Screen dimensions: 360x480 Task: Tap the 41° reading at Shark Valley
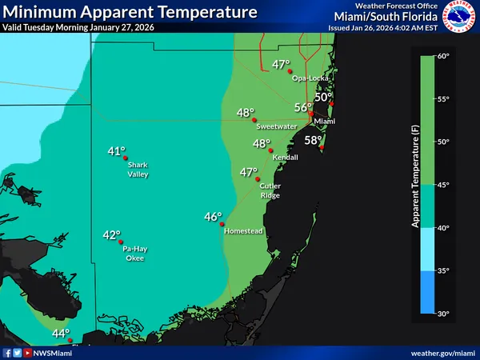tap(117, 150)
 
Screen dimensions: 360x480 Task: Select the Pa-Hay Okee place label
tap(134, 253)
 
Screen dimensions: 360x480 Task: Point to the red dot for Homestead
tap(222, 224)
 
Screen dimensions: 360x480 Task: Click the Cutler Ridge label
tap(270, 190)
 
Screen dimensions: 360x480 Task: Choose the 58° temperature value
tap(313, 140)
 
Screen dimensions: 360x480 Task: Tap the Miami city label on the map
tap(323, 121)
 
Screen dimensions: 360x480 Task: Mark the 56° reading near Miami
tap(302, 106)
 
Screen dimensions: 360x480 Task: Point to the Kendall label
tap(286, 157)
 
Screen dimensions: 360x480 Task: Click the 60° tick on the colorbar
tap(444, 56)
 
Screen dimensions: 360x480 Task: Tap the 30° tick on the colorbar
tap(444, 313)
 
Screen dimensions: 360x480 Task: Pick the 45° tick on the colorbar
tap(444, 185)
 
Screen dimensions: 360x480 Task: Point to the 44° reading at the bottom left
tap(61, 334)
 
